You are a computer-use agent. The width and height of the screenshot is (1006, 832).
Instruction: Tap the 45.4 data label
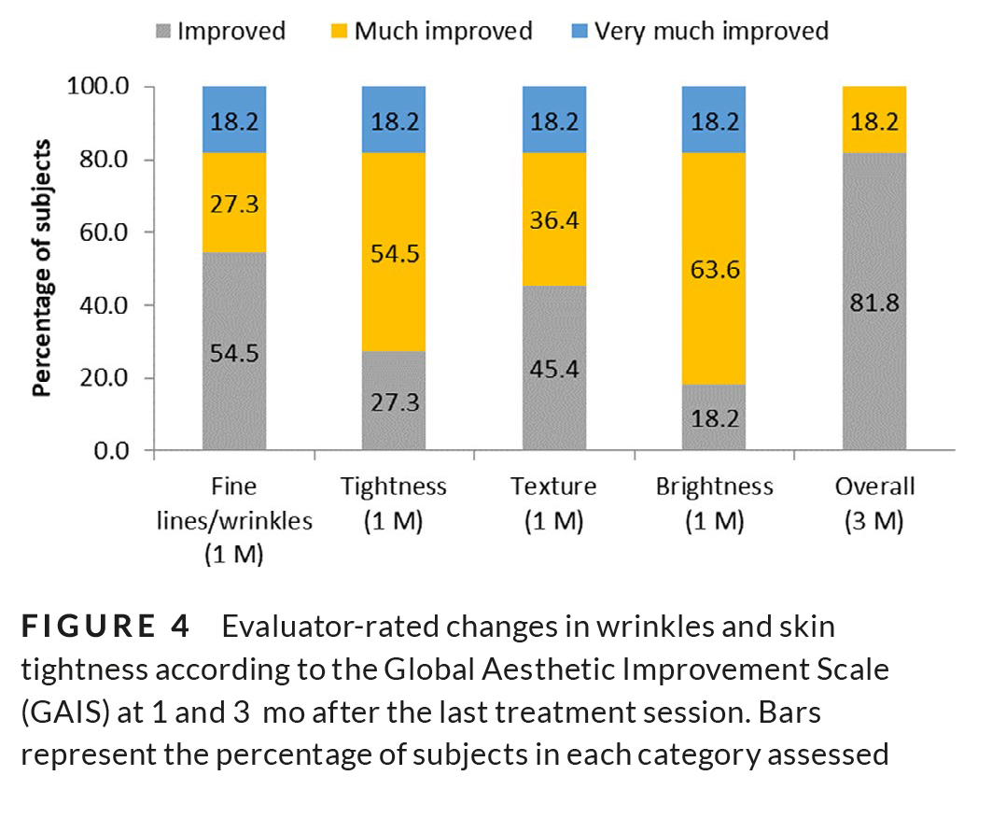point(554,369)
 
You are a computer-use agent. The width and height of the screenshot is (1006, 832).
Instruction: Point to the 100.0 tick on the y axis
point(101,87)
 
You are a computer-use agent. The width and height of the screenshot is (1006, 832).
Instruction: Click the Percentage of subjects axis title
point(42,269)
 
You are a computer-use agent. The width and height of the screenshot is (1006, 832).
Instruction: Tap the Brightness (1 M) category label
point(714,502)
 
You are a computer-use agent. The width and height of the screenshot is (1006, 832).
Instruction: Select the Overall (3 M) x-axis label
point(874,502)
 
